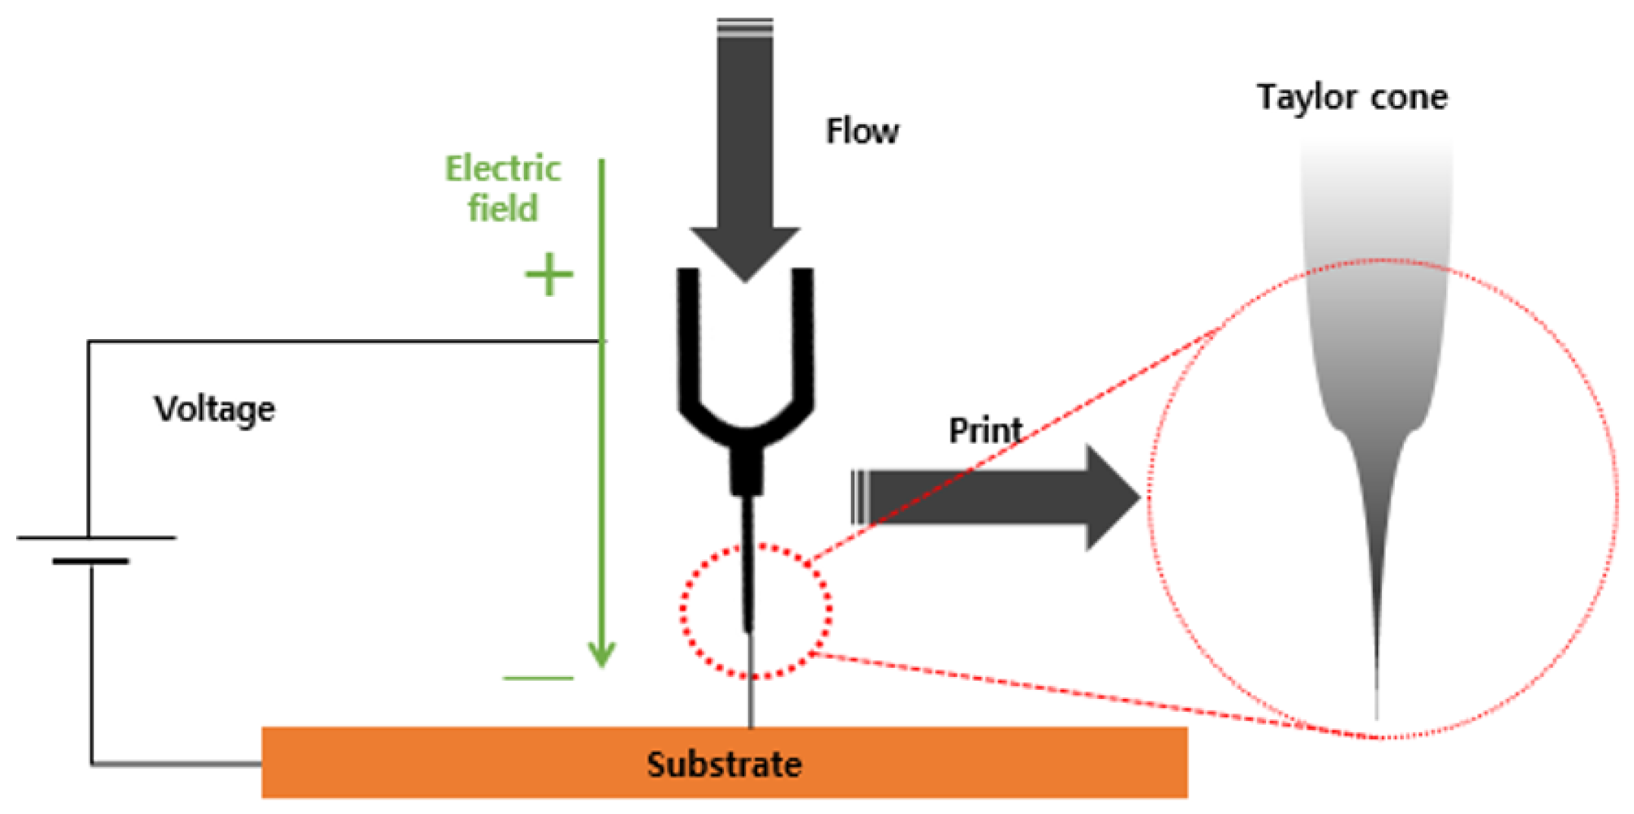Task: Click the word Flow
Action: point(862,131)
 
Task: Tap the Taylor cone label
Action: point(1352,97)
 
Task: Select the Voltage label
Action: point(214,409)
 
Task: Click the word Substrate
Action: point(723,764)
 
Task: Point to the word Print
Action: point(985,430)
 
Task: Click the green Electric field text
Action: point(502,188)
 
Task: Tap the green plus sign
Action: point(549,274)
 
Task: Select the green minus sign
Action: point(538,678)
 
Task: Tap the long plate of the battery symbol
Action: point(96,538)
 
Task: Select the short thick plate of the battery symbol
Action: point(91,561)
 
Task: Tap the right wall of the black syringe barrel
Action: point(803,338)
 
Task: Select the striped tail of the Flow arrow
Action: point(745,27)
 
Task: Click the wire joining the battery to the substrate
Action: point(175,764)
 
